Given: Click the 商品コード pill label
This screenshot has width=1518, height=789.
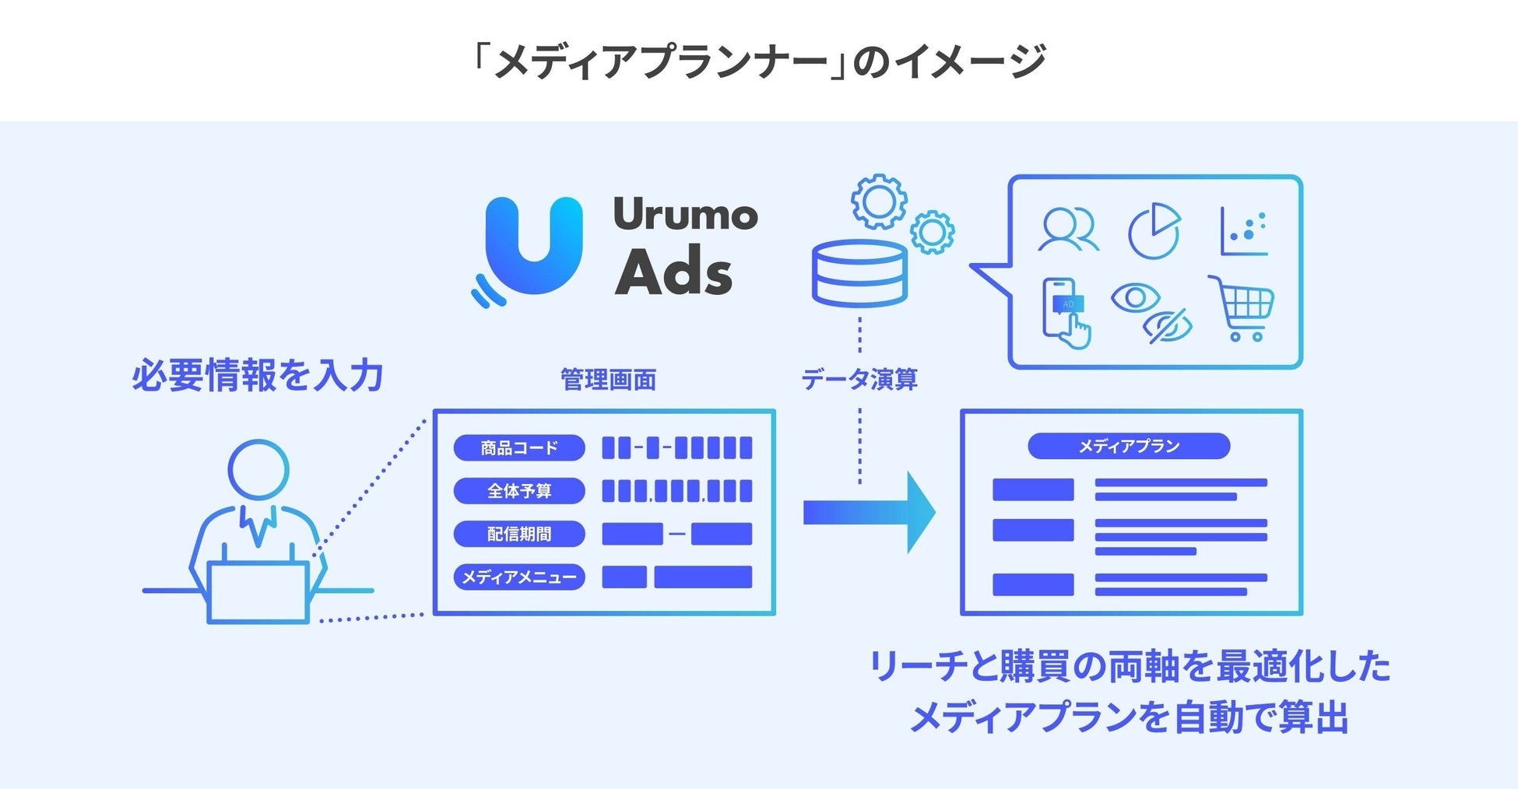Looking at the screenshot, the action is (519, 447).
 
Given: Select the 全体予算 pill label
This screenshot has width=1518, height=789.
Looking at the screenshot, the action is (519, 491).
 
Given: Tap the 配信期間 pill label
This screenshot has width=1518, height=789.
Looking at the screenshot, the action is (519, 534).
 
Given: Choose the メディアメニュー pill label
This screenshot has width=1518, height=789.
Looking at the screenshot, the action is (519, 577).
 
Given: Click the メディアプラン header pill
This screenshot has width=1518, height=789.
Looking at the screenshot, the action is (1129, 446).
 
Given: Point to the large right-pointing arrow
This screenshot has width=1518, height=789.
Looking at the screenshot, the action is (870, 513).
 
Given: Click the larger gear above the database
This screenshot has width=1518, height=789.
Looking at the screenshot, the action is (879, 202).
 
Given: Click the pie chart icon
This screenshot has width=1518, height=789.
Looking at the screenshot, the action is (1154, 231).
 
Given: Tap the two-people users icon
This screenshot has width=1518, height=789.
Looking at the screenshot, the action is (1068, 230).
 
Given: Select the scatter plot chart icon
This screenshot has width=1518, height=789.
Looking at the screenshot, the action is (1244, 231).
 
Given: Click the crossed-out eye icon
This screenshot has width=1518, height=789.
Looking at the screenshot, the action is (1168, 326).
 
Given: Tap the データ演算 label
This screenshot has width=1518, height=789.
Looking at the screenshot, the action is (859, 380).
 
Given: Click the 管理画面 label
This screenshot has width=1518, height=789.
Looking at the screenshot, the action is (608, 380).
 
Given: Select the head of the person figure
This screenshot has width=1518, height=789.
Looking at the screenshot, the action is (258, 470).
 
